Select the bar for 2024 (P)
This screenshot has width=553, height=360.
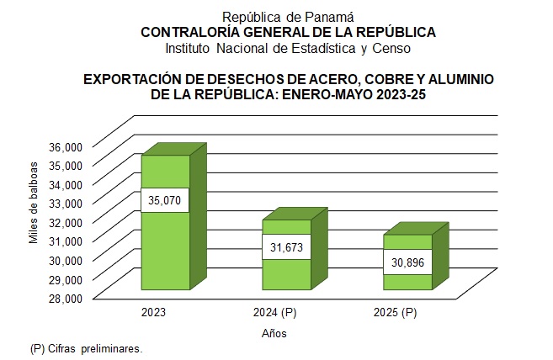(x=287, y=273)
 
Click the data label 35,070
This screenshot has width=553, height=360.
(x=165, y=201)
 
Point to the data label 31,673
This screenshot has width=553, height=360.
(x=288, y=247)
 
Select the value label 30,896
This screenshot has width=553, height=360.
(x=409, y=262)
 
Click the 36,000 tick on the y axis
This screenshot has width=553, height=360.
(x=64, y=146)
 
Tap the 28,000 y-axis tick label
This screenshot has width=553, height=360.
(x=64, y=298)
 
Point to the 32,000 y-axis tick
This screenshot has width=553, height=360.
(x=64, y=222)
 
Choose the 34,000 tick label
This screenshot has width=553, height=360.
(x=64, y=184)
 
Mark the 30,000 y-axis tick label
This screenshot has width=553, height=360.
(x=64, y=260)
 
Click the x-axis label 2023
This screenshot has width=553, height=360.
(x=154, y=313)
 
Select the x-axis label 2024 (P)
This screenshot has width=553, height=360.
(x=274, y=313)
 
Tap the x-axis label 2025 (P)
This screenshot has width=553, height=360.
(x=396, y=313)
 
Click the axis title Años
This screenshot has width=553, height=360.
(x=274, y=333)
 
